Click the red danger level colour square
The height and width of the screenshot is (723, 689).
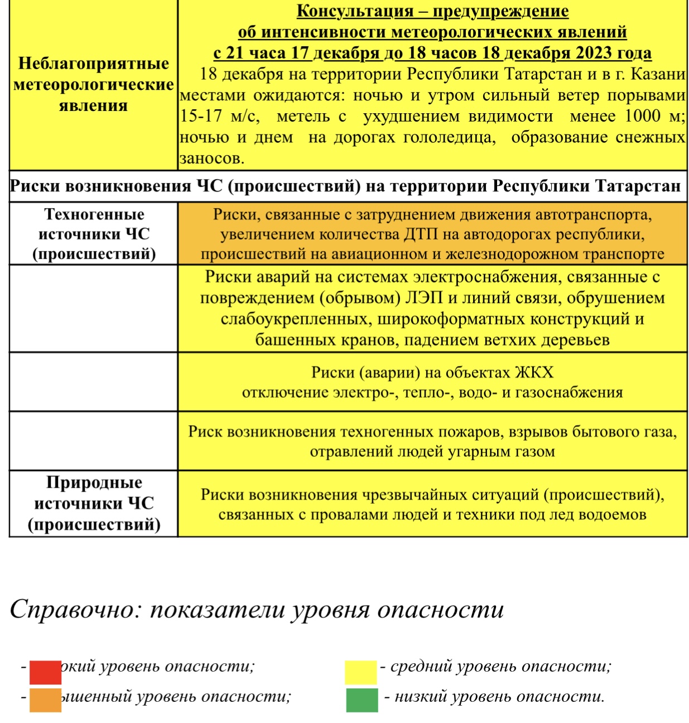point(45,672)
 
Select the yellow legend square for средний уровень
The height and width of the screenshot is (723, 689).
point(360,672)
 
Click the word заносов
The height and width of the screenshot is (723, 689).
point(211,158)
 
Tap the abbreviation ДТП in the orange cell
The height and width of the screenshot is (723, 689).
point(421,234)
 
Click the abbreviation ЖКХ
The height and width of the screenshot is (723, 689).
point(534,372)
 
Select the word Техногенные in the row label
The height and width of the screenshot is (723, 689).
point(94,214)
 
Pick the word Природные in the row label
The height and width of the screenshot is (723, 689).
point(94,482)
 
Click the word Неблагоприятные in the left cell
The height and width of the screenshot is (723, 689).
point(93,63)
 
